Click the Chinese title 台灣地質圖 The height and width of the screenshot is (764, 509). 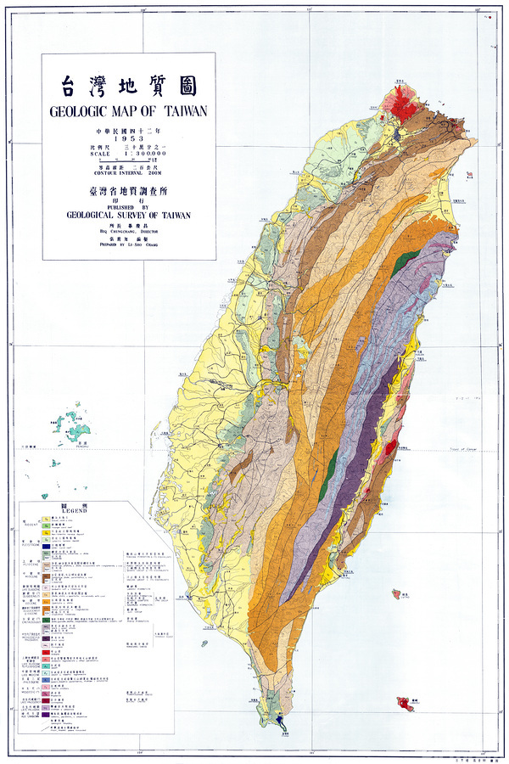click(128, 85)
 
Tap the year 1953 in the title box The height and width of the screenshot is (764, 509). click(128, 138)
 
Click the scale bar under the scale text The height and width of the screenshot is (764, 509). click(128, 160)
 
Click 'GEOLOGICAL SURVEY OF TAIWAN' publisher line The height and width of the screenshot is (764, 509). click(128, 215)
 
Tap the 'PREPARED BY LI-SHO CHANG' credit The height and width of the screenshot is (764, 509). click(128, 240)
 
